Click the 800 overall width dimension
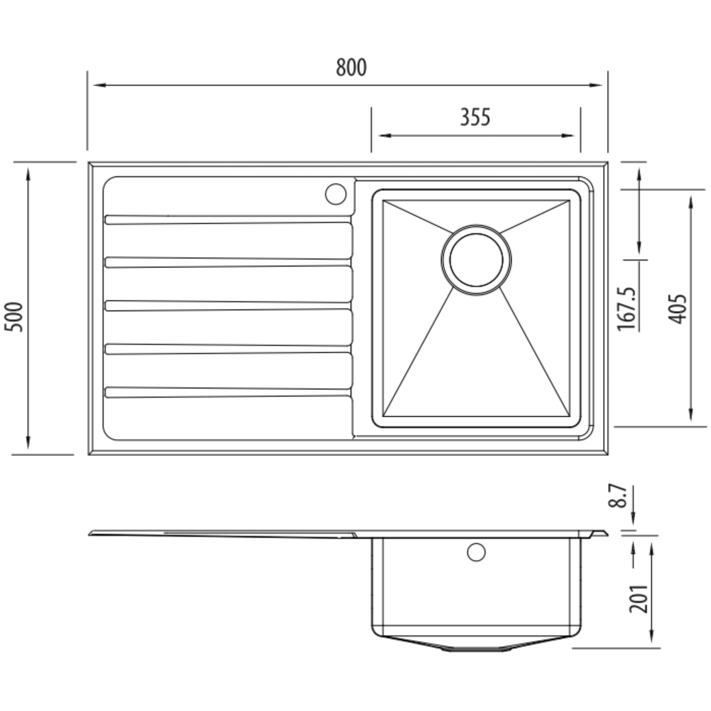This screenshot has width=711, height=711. tap(351, 68)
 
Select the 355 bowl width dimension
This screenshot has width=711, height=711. tap(475, 117)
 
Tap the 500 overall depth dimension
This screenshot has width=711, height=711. tap(14, 317)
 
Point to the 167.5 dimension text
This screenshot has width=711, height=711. tap(627, 309)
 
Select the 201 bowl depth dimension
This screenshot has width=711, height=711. tap(638, 599)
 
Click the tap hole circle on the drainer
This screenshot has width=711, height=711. tap(336, 194)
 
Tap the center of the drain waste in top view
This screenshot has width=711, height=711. tap(476, 260)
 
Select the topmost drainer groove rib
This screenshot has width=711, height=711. tap(228, 220)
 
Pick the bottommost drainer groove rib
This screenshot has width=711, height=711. tap(228, 392)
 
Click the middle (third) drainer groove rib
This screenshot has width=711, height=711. tap(228, 306)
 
